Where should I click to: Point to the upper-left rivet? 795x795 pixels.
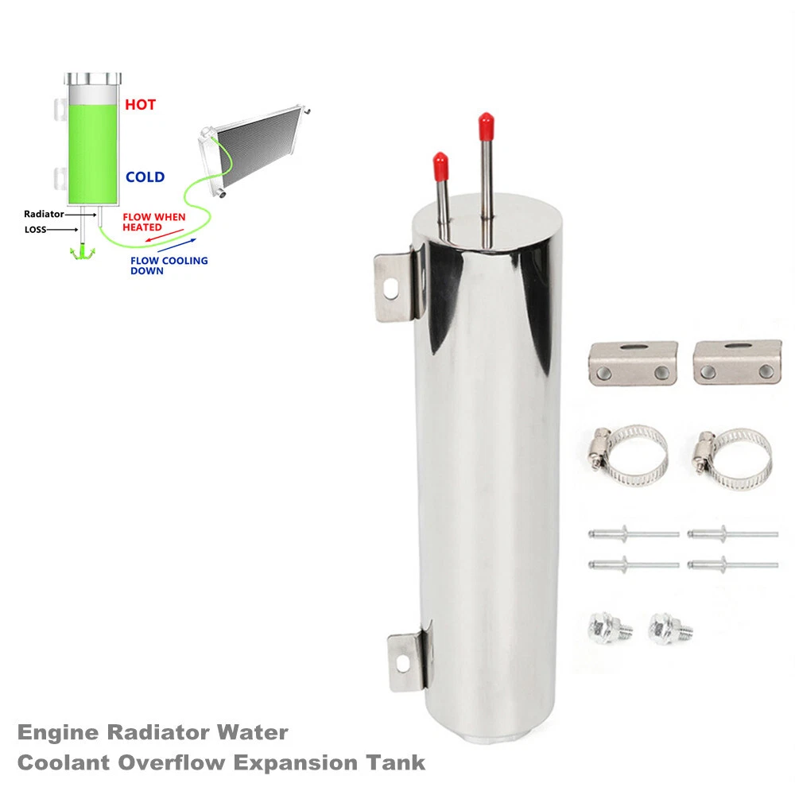point(633,533)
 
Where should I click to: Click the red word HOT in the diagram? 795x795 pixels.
point(140,104)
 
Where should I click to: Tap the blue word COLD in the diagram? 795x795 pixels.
point(145,177)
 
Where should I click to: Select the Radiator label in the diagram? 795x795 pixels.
point(44,214)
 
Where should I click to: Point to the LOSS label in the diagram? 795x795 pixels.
point(36,231)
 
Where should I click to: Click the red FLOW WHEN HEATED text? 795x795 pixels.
point(153,222)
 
